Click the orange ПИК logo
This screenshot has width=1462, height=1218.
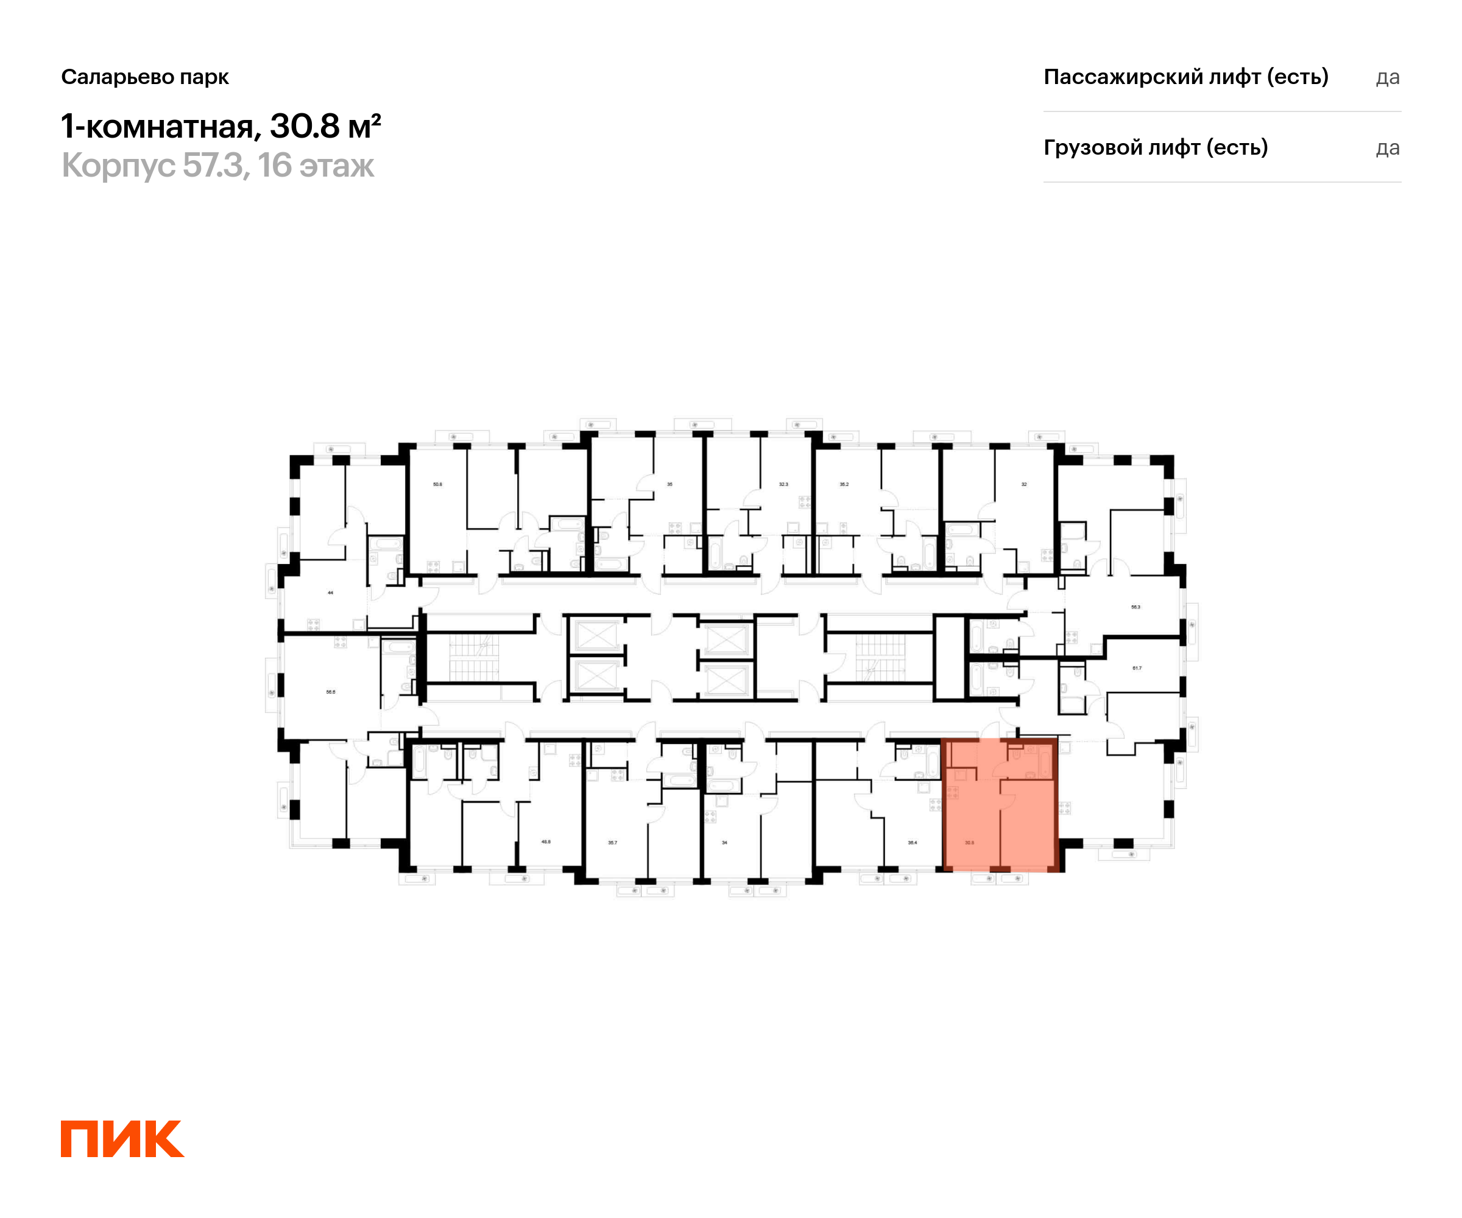pos(122,1139)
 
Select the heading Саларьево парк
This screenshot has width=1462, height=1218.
pos(145,77)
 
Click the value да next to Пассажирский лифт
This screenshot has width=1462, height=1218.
pos(1388,77)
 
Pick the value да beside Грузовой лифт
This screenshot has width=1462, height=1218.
pos(1388,148)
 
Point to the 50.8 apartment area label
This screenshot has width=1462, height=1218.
pos(437,484)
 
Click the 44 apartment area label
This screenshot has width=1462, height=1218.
pos(331,593)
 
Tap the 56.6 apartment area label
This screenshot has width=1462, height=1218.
pos(331,692)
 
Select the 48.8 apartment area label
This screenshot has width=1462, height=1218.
pos(546,842)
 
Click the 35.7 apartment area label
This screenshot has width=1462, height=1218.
pos(613,842)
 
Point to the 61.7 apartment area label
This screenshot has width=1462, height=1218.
pos(1137,668)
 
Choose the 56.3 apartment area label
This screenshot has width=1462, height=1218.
pos(1135,607)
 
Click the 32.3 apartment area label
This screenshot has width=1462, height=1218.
pos(783,484)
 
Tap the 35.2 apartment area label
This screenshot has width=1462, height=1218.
pos(844,484)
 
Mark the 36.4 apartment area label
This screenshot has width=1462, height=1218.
pos(912,842)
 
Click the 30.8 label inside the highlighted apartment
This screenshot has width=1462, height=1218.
pos(969,842)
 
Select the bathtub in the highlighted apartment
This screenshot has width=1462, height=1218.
pos(1044,764)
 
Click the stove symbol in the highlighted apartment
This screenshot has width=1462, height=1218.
pos(952,792)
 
